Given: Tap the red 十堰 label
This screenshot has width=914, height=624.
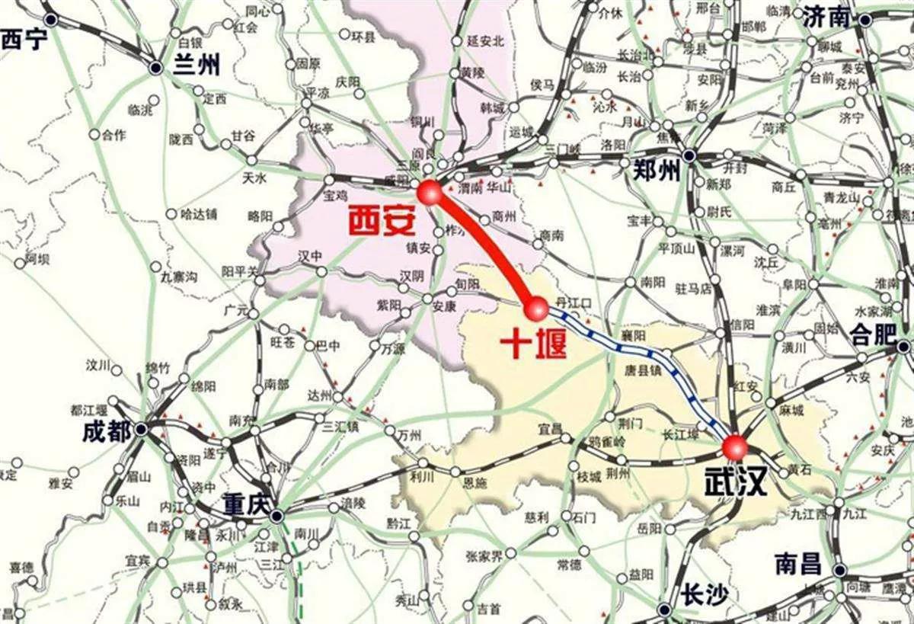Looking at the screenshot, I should (533, 344).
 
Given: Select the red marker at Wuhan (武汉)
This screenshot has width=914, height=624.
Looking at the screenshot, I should (735, 446).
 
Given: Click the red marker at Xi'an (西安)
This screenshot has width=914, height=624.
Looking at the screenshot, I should (430, 191).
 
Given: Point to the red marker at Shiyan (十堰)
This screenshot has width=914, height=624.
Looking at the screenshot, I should (536, 309).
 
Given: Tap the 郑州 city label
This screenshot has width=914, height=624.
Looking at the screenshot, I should (657, 172).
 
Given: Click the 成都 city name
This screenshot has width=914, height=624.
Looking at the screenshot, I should (107, 432).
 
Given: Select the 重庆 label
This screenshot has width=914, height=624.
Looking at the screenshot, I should (248, 504).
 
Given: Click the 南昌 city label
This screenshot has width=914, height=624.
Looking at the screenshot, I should (798, 564).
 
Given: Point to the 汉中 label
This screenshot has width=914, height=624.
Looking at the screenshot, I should (310, 254).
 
